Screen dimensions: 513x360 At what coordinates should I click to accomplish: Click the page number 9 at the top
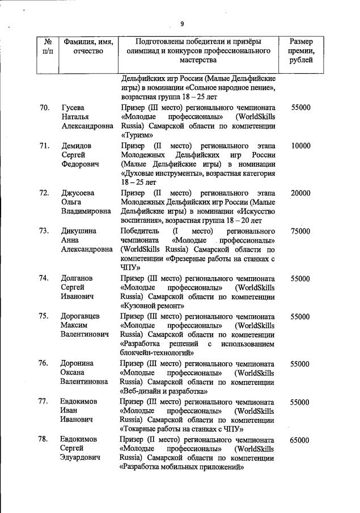click(x=182, y=23)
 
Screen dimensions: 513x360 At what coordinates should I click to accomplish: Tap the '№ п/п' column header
click(x=47, y=46)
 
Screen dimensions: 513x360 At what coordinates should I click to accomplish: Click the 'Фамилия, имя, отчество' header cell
click(x=88, y=46)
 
